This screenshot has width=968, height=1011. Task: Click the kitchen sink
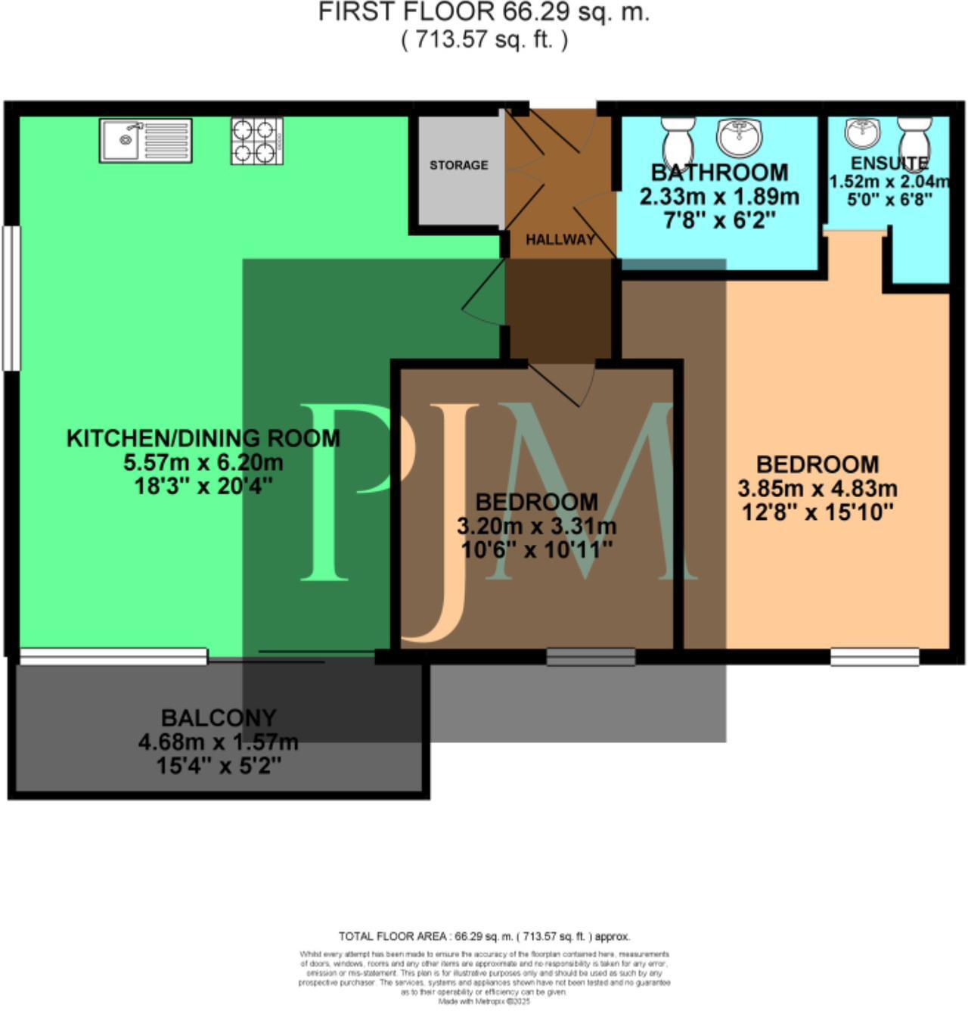(x=145, y=140)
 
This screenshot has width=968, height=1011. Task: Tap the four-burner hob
(x=257, y=141)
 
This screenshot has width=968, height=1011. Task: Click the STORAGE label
(x=458, y=165)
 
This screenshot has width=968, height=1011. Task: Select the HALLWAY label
(x=560, y=240)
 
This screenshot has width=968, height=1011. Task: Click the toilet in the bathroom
(x=676, y=141)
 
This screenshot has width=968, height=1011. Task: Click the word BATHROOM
(x=719, y=173)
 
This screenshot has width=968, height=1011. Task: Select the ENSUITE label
(x=889, y=163)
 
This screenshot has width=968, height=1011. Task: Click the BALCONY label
(x=219, y=717)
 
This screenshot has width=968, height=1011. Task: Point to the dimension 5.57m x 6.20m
(x=203, y=462)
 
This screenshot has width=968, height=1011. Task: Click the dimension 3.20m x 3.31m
(x=536, y=526)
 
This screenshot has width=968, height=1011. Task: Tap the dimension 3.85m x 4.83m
(x=817, y=488)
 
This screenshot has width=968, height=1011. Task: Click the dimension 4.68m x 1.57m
(x=219, y=742)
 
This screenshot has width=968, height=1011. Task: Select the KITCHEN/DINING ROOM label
(x=203, y=438)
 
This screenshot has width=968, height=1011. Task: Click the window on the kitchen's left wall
(x=11, y=298)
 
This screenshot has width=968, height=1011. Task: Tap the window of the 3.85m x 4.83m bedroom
(x=874, y=656)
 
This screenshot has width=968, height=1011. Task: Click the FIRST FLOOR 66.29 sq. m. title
(x=483, y=13)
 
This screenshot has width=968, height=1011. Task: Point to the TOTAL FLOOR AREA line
(x=484, y=936)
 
